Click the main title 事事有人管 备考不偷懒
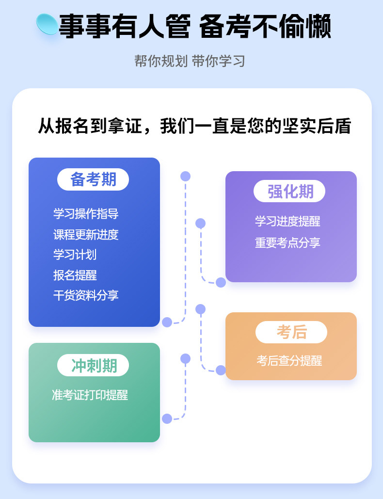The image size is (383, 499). (195, 27)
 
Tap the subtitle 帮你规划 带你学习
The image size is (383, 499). (190, 61)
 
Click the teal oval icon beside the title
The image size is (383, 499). (47, 24)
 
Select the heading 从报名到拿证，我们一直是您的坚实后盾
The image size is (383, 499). (195, 126)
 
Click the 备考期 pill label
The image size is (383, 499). (93, 179)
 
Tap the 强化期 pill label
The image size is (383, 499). (289, 191)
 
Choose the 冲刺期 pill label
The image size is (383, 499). (93, 365)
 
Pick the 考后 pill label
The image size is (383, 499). (291, 332)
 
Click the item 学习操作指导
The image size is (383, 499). (86, 213)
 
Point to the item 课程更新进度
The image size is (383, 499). (86, 235)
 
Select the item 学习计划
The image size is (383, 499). (75, 255)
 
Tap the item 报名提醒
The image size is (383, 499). (75, 275)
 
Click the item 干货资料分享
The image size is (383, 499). (86, 295)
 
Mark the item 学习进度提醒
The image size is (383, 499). (287, 221)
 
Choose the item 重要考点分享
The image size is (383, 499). (287, 242)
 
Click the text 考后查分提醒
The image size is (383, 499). (289, 361)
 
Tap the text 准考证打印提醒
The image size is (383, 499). (90, 395)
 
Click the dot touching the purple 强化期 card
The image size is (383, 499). (221, 282)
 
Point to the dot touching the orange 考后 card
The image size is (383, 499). (221, 370)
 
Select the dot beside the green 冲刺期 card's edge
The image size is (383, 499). (167, 419)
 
